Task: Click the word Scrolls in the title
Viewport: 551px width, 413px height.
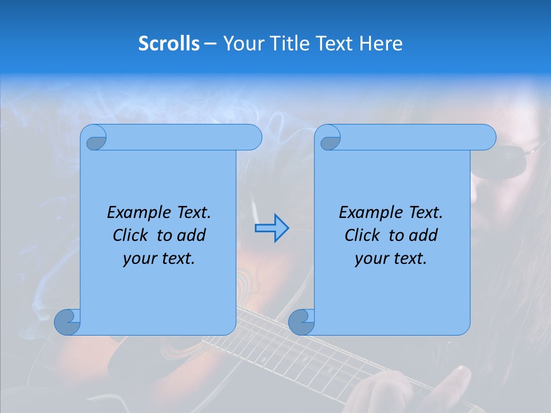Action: point(169,44)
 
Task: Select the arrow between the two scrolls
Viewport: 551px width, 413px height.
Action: point(271,228)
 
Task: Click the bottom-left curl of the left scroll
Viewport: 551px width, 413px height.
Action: point(67,322)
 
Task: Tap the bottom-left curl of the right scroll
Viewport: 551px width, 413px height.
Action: point(301,322)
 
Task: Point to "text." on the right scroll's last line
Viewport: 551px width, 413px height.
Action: point(410,259)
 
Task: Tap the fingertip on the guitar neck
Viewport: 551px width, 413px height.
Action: point(459,379)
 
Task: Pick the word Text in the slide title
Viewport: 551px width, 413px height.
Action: point(334,44)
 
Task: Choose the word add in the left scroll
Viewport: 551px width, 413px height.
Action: point(193,236)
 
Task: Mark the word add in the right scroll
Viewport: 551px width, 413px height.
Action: point(425,236)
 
